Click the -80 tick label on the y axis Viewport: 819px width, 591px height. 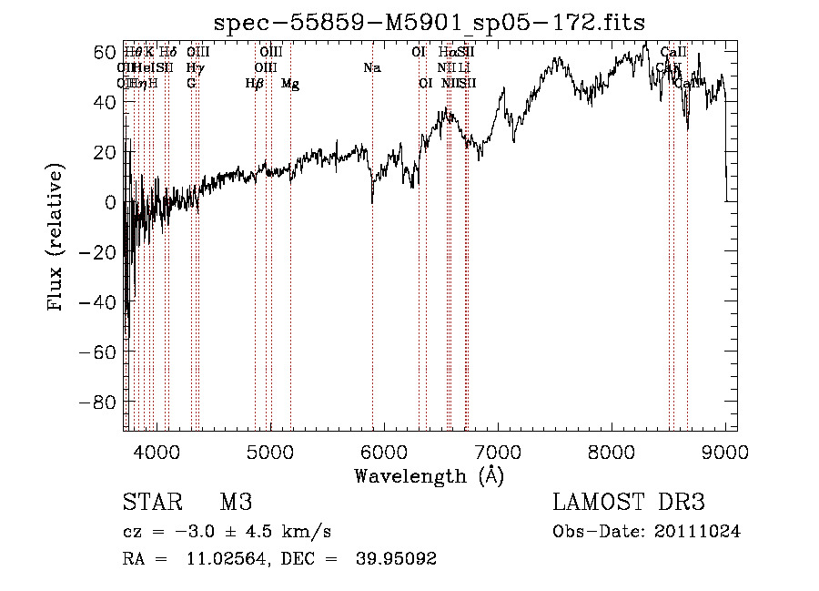tap(101, 402)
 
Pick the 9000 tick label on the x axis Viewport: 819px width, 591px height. tap(725, 451)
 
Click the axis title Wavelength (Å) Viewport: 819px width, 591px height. tap(429, 475)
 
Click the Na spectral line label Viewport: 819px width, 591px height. tap(371, 67)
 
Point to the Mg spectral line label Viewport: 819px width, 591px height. tap(290, 84)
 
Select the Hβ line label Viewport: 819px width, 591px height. tap(255, 84)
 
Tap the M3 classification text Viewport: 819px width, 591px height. tap(236, 503)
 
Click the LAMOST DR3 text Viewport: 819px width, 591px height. tap(628, 503)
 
